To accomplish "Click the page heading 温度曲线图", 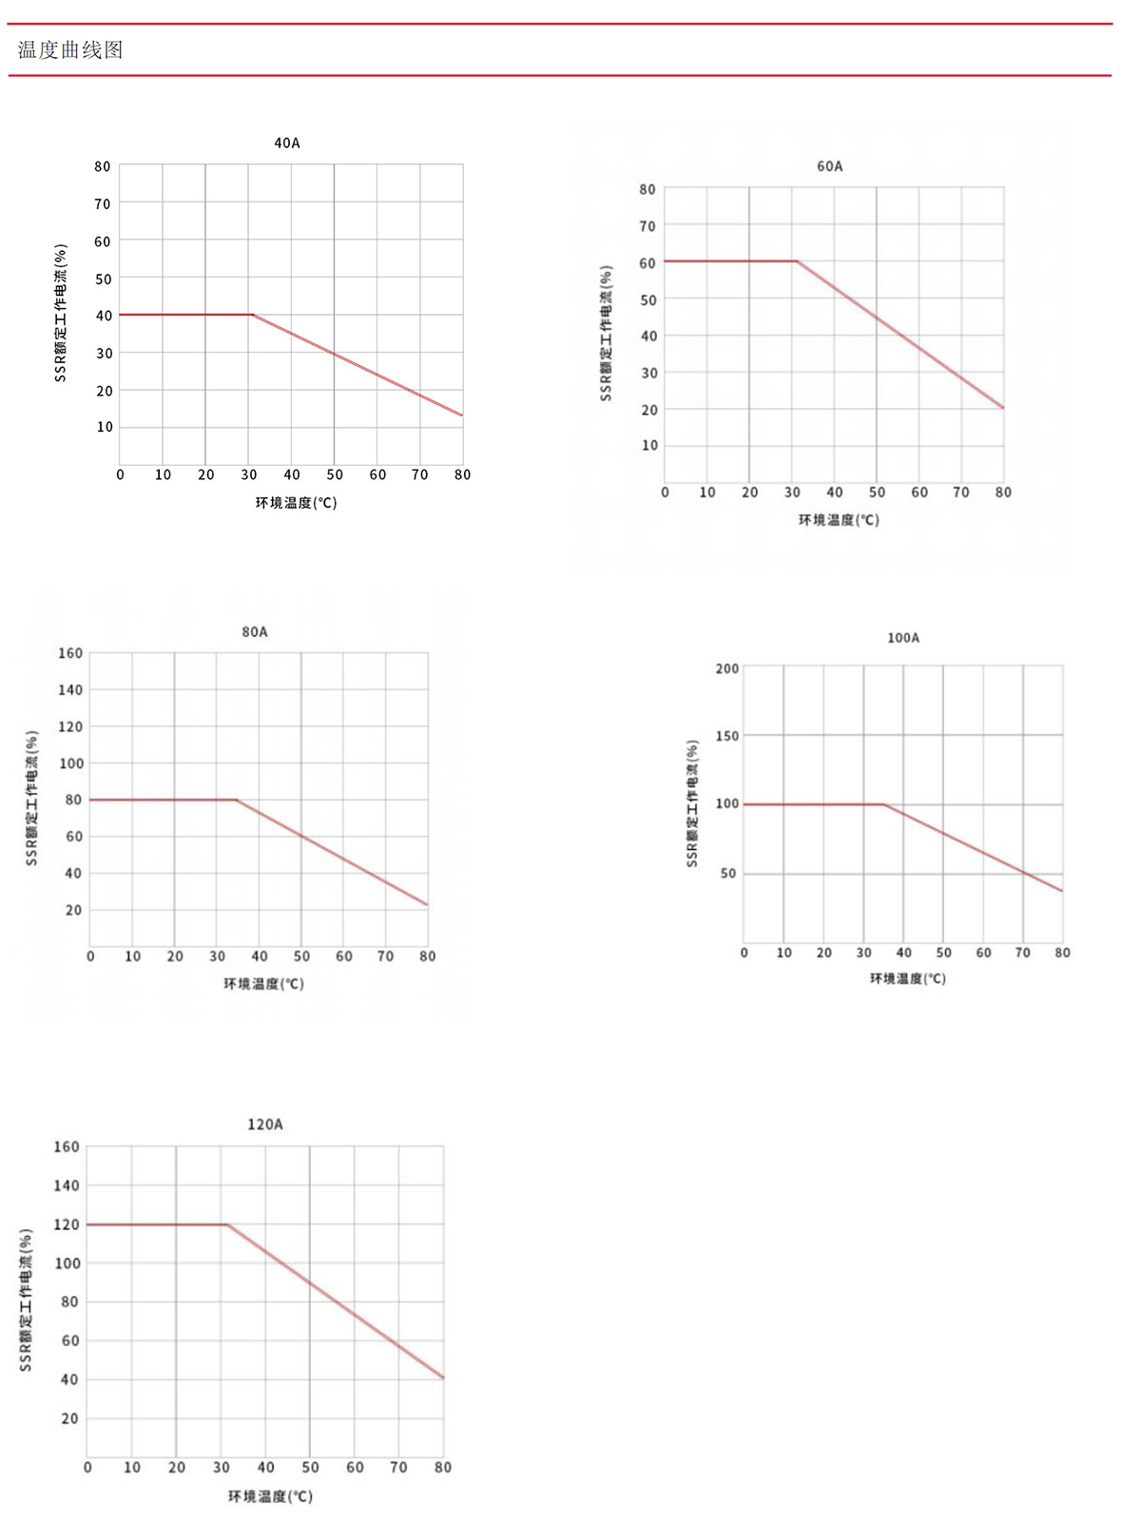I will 70,50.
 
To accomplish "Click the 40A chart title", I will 286,143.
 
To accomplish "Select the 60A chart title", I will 829,166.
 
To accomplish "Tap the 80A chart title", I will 254,632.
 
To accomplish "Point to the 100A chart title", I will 902,638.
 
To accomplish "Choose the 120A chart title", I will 264,1125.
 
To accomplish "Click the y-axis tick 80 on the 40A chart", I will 103,166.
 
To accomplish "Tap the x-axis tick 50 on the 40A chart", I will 335,474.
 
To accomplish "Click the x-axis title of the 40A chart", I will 296,503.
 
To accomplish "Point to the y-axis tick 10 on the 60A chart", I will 649,445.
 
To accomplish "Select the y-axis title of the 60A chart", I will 606,333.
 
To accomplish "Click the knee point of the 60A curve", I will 796,260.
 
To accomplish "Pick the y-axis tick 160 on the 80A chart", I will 70,653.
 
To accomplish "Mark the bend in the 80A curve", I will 237,800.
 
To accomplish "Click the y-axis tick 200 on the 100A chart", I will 727,668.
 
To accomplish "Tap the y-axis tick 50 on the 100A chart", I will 728,873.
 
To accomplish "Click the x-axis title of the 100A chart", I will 907,978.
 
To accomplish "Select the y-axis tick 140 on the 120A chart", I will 67,1186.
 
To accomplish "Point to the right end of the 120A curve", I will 443,1378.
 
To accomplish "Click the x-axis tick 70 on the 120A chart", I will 398,1467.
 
